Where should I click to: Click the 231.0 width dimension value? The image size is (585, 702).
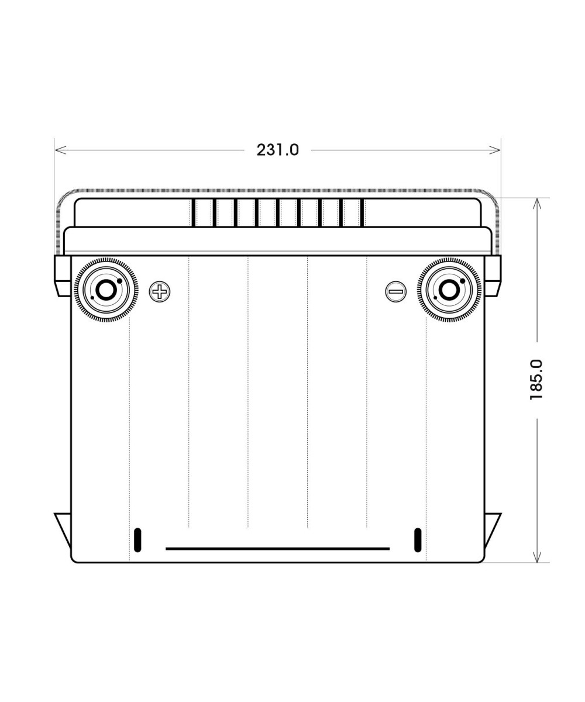(278, 150)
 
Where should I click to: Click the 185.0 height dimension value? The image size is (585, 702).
(536, 380)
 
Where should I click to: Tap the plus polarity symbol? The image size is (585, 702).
(160, 291)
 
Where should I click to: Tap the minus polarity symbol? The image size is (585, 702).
(395, 291)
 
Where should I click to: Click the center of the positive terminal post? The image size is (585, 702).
(106, 290)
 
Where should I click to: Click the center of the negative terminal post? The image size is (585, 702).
(449, 290)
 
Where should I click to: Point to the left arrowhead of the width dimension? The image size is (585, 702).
(60, 150)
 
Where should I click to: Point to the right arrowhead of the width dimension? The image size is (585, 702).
(495, 150)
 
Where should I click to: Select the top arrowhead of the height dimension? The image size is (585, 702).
(537, 204)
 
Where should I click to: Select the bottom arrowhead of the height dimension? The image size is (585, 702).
(537, 556)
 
